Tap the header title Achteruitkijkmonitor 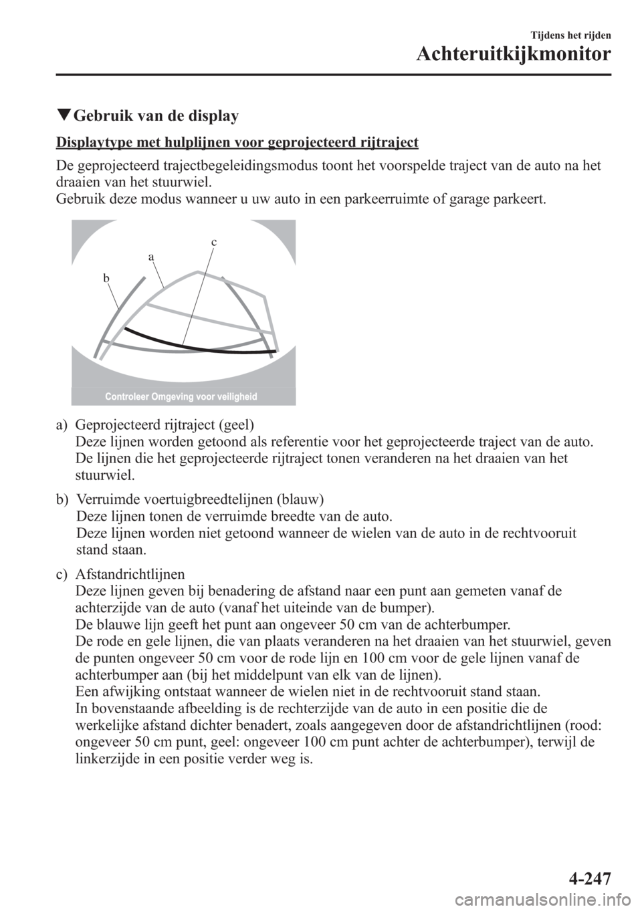[512, 53]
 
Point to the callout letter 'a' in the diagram [151, 257]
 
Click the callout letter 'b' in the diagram [106, 277]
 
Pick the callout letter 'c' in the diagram [214, 242]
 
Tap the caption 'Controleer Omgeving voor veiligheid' [181, 397]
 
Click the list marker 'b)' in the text [62, 499]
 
